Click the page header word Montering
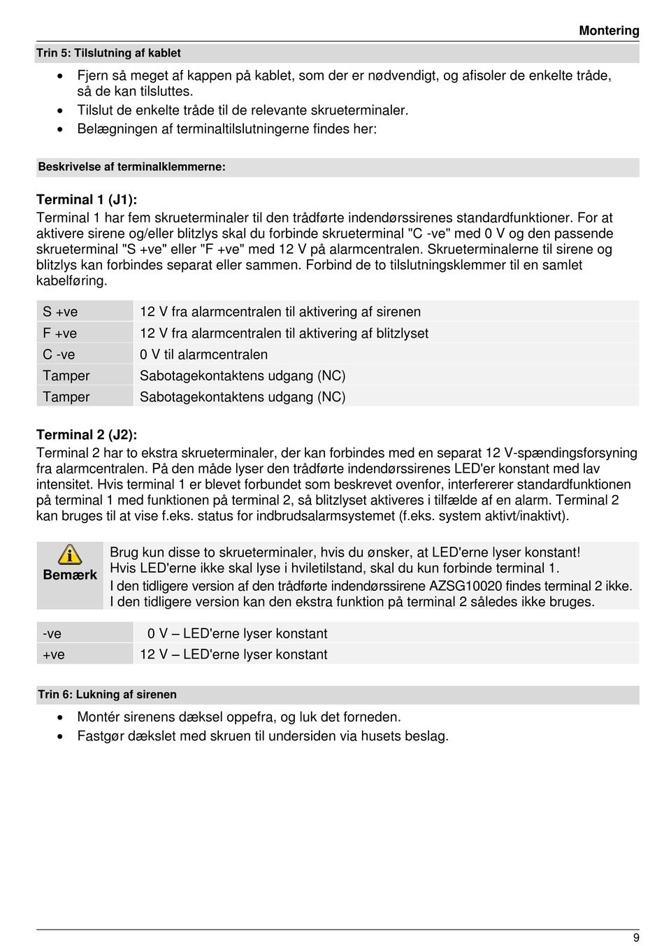point(609,31)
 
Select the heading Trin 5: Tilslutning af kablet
point(108,53)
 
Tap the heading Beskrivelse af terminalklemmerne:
point(131,167)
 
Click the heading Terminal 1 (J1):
point(87,200)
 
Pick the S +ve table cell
point(60,312)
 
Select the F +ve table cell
point(60,334)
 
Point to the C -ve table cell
point(59,354)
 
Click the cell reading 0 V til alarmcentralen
point(203,354)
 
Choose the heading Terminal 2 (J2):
point(87,435)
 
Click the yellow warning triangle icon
point(70,554)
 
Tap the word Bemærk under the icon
point(70,575)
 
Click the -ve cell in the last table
point(52,633)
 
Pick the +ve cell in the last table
point(54,654)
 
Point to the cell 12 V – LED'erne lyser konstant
point(233,654)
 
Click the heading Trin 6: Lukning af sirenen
point(107,694)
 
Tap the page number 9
point(636,938)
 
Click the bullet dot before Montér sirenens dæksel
point(61,717)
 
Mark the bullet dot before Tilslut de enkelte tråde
point(61,110)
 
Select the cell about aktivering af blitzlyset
point(284,334)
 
